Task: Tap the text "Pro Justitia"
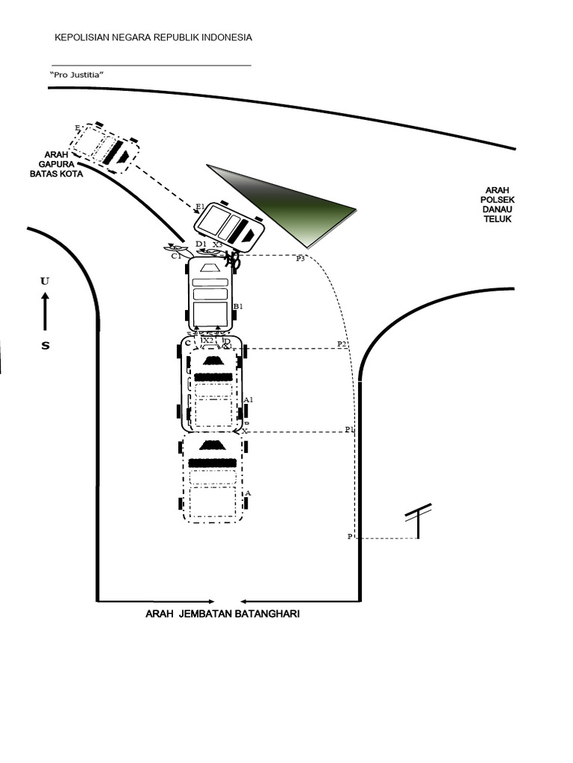(76, 76)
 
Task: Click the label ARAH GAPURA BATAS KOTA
(56, 164)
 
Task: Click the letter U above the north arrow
(45, 281)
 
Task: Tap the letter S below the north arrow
(45, 345)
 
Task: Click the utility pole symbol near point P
(418, 521)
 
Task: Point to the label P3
(300, 259)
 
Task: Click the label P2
(342, 343)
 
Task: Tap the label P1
(349, 430)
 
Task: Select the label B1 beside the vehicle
(239, 306)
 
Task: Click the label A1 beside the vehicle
(249, 399)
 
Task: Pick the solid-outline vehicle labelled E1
(230, 226)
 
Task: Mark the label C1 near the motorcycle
(176, 256)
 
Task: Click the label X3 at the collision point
(217, 244)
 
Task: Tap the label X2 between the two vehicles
(208, 341)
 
